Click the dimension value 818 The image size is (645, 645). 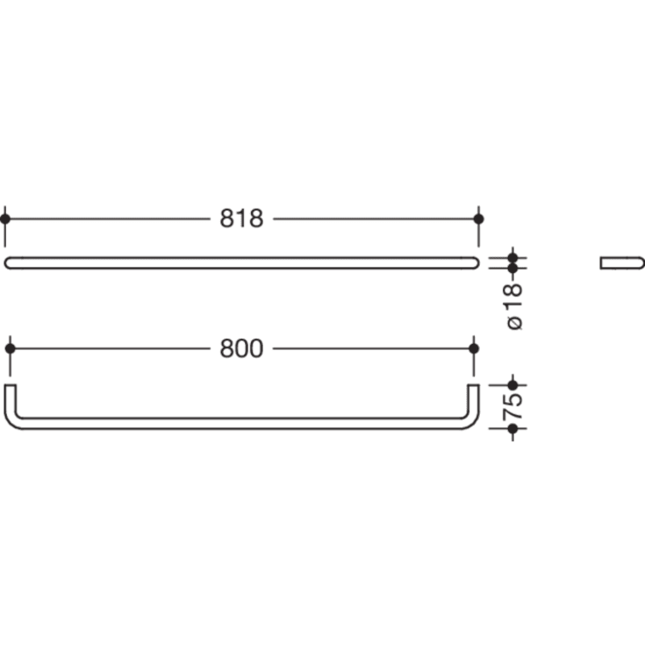pos(241,219)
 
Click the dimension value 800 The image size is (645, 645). pos(241,348)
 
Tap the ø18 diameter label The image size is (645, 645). pos(514,305)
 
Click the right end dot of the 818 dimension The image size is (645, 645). pos(478,219)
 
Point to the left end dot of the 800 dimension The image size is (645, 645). pos(10,348)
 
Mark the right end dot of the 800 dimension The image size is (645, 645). pos(474,348)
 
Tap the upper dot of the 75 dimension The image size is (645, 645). pos(513,384)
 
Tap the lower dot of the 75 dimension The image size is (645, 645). pos(513,428)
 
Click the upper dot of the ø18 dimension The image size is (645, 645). pos(513,257)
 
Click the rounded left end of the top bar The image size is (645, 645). pos(9,262)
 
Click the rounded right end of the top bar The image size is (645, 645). pos(475,262)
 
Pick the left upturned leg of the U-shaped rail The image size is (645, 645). pos(10,399)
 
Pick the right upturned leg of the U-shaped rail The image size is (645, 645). pos(474,399)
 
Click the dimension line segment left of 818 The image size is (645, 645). pos(110,219)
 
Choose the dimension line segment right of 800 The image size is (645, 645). pos(373,348)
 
